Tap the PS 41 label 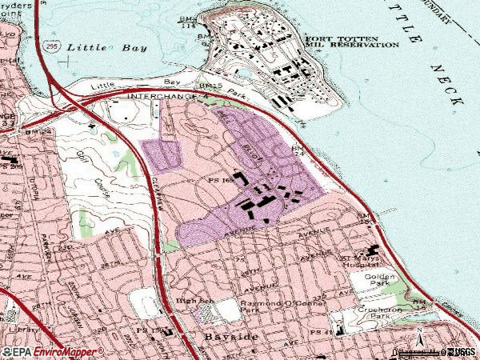click(x=321, y=332)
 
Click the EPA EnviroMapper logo click(x=53, y=351)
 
